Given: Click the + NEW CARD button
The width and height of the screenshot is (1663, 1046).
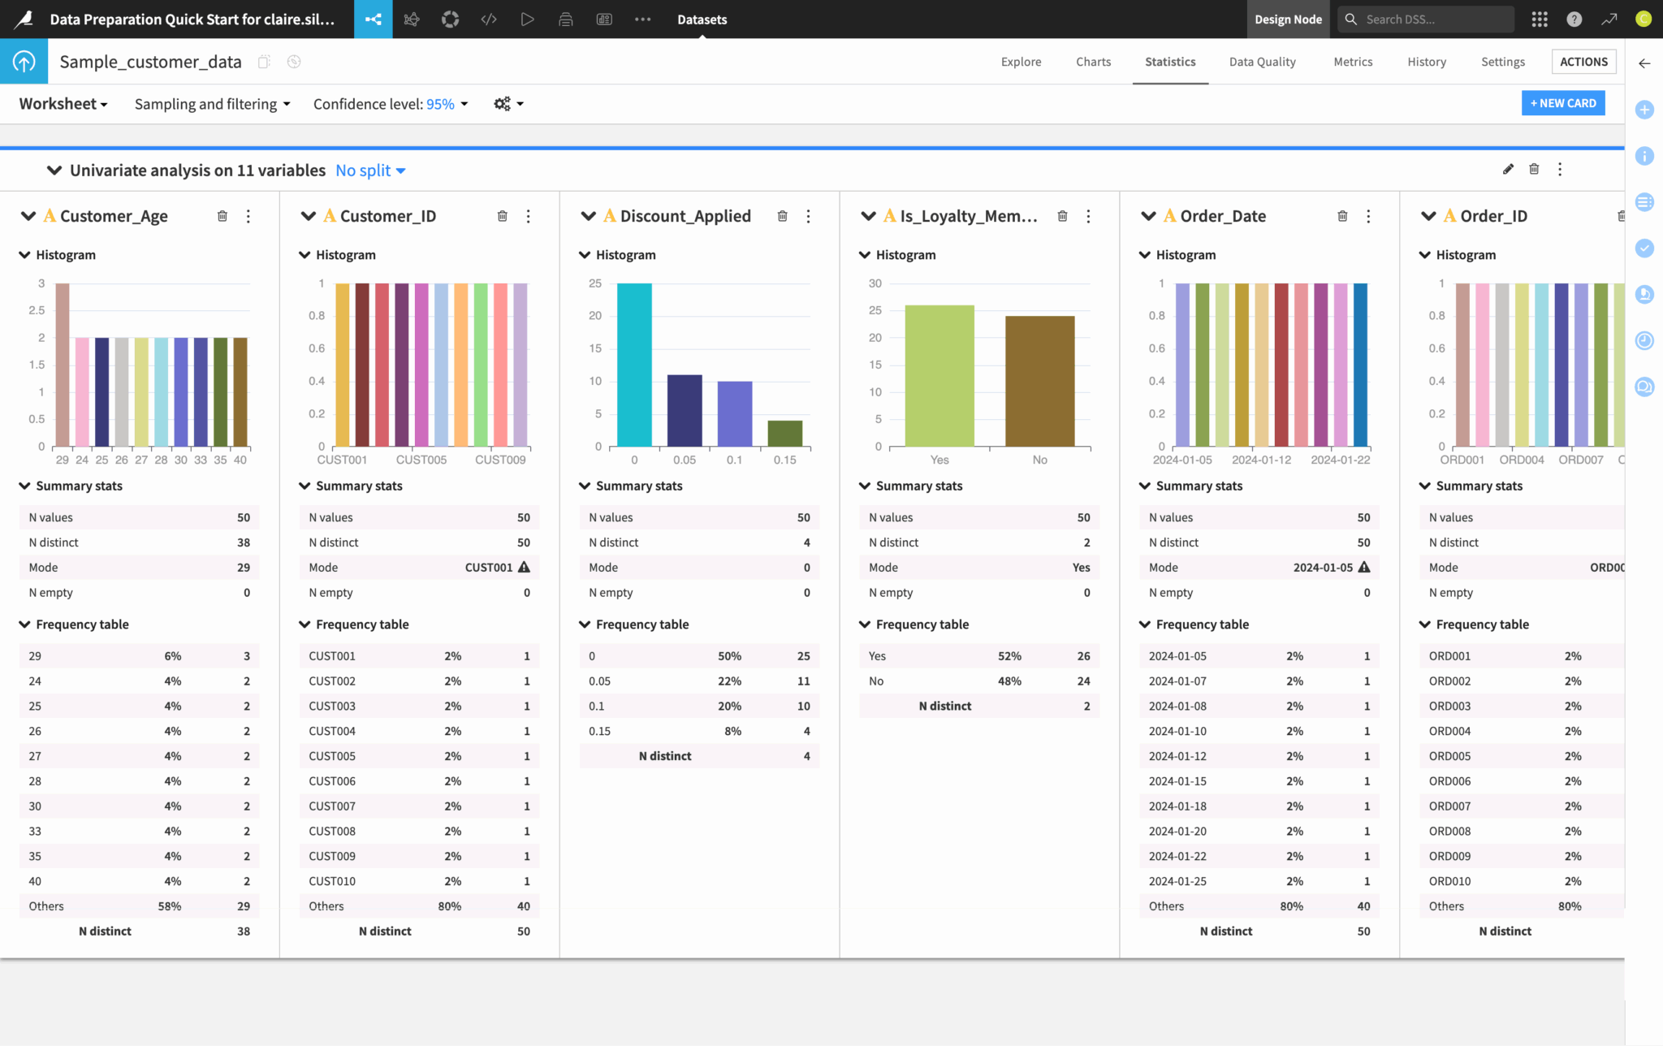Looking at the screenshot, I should pos(1562,103).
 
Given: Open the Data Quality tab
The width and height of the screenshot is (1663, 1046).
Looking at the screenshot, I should pos(1262,62).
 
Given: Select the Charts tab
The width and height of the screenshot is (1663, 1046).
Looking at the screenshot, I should pos(1093,62).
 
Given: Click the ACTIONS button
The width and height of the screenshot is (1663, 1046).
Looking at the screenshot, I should pos(1583,62).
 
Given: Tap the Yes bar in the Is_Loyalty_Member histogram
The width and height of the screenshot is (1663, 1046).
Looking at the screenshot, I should pos(939,375).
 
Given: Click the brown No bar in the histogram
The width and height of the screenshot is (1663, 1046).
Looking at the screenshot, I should pos(1039,381).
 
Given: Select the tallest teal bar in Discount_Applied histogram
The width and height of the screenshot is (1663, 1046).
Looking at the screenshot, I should pos(634,365).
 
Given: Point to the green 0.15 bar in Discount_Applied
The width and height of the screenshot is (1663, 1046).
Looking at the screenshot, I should pos(784,434).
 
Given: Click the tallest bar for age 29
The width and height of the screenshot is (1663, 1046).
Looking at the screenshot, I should pos(63,365).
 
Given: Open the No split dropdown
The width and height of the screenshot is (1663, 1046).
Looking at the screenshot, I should pos(370,171).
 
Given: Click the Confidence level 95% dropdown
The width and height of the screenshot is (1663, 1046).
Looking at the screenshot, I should pos(391,104).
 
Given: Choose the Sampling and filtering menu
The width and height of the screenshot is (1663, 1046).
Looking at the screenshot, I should pos(212,104).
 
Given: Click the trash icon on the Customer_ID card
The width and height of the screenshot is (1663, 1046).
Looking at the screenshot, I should pos(503,216).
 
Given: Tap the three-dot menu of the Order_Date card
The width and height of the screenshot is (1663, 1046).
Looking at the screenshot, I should pos(1368,216).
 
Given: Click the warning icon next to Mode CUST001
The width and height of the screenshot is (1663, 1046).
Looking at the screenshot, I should pos(524,567).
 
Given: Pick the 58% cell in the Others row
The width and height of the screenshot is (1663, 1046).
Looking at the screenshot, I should pos(169,906).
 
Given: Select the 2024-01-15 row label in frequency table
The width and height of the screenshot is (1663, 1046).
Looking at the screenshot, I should pos(1177,781).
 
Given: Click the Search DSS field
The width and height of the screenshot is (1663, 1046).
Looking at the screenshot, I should pos(1433,19).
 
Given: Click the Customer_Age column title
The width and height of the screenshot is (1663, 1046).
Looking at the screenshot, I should pos(114,216).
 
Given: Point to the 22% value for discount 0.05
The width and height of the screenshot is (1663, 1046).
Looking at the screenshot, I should pos(729,681).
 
